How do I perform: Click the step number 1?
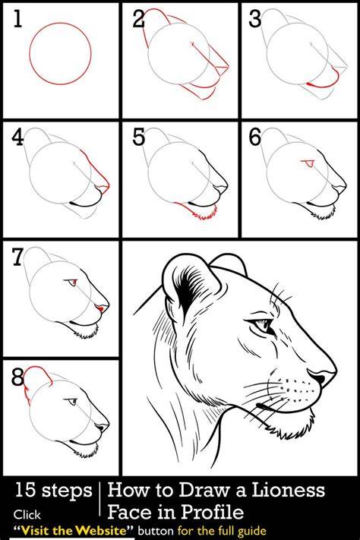[17, 18]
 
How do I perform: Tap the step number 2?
[138, 18]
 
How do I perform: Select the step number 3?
[255, 18]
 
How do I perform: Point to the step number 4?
[17, 137]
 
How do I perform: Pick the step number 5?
[138, 137]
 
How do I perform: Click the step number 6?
[255, 137]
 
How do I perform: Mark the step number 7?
[17, 257]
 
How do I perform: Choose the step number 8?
[17, 377]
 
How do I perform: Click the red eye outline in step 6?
[308, 163]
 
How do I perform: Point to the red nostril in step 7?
[100, 308]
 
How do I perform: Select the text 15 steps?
[53, 490]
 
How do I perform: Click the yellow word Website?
[101, 529]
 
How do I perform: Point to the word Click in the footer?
[27, 515]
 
